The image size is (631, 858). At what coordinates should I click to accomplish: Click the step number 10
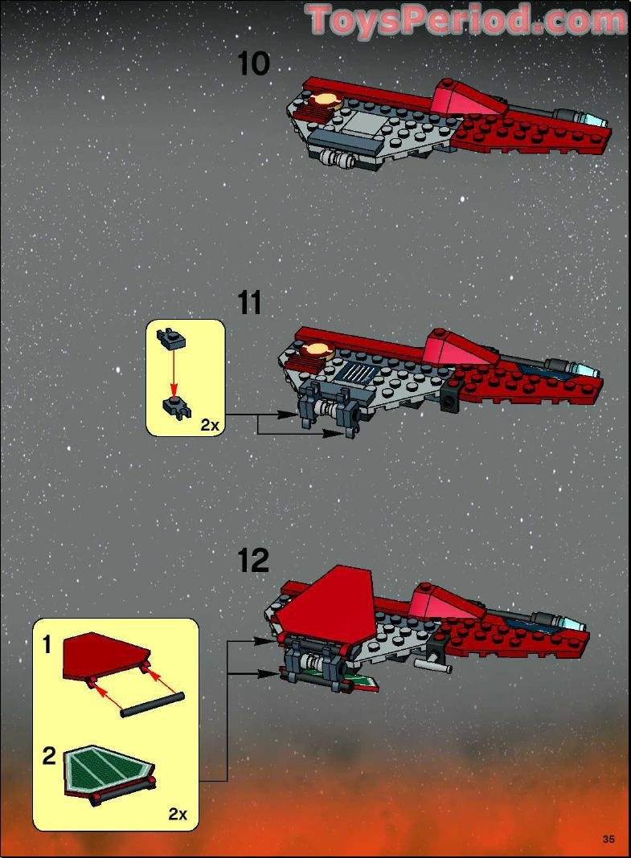(x=254, y=63)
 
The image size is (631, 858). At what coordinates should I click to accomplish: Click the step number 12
(x=253, y=560)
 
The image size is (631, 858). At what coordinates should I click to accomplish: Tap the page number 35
(x=608, y=840)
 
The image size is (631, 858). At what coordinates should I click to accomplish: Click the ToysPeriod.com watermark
(x=465, y=19)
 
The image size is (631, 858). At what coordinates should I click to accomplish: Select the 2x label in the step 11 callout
(x=209, y=425)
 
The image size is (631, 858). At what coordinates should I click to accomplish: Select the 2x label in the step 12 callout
(x=178, y=814)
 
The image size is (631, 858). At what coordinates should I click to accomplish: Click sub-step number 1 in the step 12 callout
(x=48, y=644)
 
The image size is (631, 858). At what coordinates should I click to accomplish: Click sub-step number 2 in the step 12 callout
(x=49, y=756)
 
